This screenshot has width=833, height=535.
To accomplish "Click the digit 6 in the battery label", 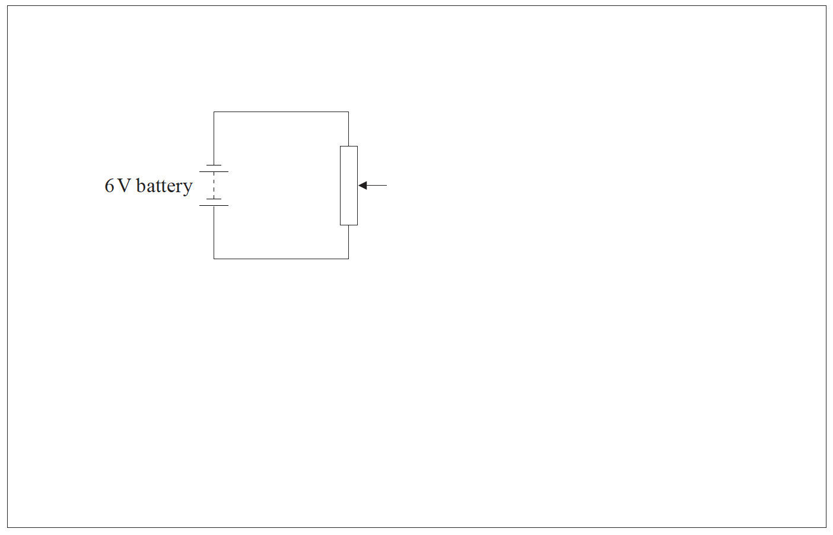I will coord(109,186).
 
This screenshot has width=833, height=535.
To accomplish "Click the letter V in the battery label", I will coord(123,186).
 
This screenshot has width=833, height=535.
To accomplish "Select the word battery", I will coord(164,186).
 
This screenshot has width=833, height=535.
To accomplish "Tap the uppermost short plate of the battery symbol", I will coord(214,165).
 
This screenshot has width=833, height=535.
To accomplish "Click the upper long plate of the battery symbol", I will coord(214,171).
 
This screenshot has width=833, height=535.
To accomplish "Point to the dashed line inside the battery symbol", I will coord(214,185).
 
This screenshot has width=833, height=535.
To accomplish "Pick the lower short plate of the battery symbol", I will coord(214,199).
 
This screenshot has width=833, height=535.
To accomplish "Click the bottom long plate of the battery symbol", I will coord(214,206).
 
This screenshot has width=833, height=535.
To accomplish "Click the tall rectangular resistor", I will coord(349,185).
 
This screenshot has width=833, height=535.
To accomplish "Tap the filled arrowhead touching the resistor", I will coord(363,186).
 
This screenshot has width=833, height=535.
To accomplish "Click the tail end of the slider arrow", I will coord(386,186).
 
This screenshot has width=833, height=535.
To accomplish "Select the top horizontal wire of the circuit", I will coord(281,112).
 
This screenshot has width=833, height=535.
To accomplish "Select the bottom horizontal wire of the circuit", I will coord(281,259).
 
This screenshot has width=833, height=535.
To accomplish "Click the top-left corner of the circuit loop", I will coord(214,112).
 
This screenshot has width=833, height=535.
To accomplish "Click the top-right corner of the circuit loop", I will coord(348,112).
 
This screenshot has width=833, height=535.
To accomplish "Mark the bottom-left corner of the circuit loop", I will coord(214,259).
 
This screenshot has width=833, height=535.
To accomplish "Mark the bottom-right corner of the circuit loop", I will coord(348,259).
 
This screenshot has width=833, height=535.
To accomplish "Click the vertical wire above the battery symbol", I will coord(214,138).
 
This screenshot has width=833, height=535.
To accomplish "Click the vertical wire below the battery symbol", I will coord(214,233).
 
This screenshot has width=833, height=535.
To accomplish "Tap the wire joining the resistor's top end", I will coord(348,129).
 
